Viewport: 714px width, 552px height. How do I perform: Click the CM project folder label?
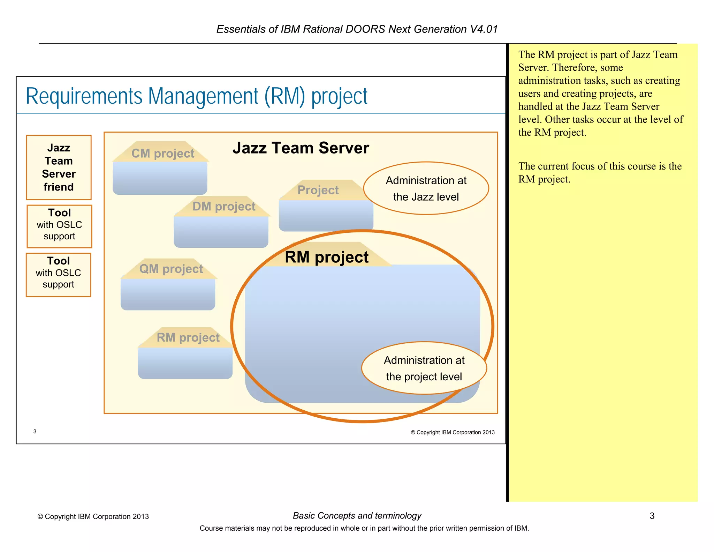(x=163, y=154)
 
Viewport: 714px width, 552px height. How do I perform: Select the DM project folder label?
(x=224, y=207)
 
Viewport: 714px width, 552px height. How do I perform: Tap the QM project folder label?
(x=171, y=269)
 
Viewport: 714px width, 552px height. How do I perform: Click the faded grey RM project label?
(x=188, y=338)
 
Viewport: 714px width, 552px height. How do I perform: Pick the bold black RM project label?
(x=326, y=258)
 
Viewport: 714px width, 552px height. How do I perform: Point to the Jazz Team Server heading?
(x=301, y=148)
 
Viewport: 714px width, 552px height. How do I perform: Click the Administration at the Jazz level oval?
(x=426, y=188)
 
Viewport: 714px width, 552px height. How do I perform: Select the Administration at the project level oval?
(x=424, y=368)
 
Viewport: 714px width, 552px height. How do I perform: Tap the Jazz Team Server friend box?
(x=59, y=167)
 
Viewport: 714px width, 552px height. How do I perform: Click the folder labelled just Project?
(x=318, y=191)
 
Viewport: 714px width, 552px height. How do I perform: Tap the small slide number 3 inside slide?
(x=35, y=432)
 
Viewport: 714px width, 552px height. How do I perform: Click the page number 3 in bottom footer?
(x=652, y=516)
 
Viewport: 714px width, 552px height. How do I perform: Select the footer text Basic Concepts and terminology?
(x=357, y=516)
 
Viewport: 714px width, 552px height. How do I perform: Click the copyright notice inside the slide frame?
(x=453, y=432)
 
